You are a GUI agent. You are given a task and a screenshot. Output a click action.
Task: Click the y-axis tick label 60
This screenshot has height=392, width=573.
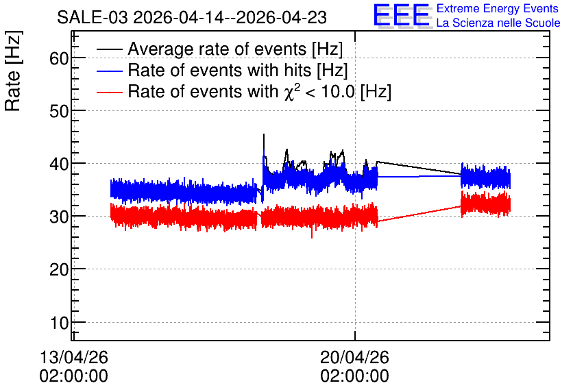[x=59, y=58]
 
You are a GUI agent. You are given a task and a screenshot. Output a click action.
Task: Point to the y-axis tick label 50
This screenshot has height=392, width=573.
[x=59, y=111]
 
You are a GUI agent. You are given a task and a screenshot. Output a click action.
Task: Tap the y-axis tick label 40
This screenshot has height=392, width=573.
[x=59, y=164]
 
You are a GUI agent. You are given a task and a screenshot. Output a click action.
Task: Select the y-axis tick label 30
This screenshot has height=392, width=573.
[x=59, y=217]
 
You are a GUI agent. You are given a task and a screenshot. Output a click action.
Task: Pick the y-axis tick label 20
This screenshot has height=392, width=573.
[x=59, y=269]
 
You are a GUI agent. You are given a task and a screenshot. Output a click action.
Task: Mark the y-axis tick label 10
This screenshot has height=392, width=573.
[x=59, y=323]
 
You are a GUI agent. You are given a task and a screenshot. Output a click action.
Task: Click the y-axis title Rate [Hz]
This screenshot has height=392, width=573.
[x=13, y=71]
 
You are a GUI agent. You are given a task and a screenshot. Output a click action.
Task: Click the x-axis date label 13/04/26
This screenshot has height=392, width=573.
[x=73, y=357]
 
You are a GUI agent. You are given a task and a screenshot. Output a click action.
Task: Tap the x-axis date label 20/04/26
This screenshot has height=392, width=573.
[x=354, y=357]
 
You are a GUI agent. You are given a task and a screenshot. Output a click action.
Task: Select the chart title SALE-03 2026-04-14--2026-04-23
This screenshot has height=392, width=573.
[x=192, y=18]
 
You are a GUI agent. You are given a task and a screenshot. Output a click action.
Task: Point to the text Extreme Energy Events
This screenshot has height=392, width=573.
[x=498, y=8]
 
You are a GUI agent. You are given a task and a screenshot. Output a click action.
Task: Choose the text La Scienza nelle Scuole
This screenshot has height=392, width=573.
[x=498, y=23]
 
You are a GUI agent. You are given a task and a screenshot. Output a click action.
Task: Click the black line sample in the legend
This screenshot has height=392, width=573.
[x=109, y=49]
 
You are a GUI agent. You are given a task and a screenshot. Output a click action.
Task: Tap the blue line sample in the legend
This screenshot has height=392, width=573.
[x=109, y=71]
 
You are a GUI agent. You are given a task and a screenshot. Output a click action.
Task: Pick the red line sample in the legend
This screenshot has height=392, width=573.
[x=109, y=92]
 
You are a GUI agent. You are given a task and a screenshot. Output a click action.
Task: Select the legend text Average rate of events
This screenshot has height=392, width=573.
[x=217, y=49]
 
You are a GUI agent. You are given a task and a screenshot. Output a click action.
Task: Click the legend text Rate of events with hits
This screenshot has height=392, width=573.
[x=219, y=70]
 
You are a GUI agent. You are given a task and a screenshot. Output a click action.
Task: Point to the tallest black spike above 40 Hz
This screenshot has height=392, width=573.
[x=264, y=134]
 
